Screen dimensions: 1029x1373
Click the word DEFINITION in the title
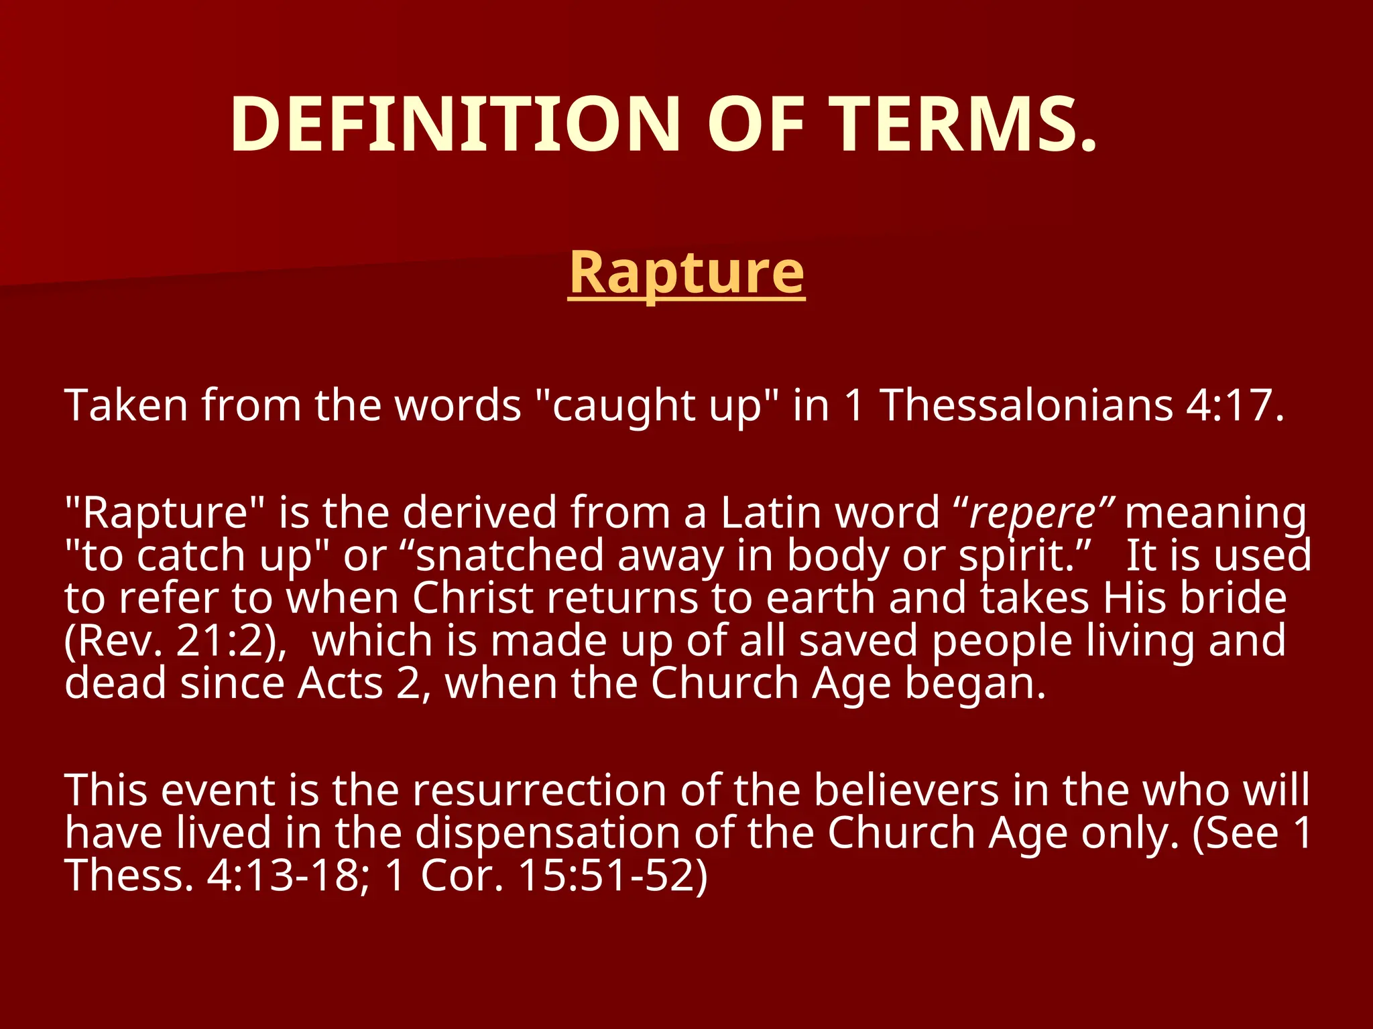[455, 125]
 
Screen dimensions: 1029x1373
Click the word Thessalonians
[1026, 405]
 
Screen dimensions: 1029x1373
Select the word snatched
[510, 556]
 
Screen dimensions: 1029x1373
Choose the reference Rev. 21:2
[171, 641]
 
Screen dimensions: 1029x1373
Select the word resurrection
[539, 791]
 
